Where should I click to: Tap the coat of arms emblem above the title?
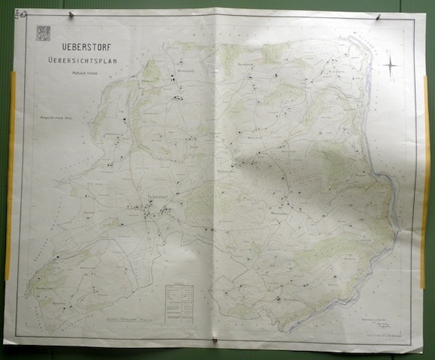42,33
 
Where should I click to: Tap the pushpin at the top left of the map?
70,14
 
